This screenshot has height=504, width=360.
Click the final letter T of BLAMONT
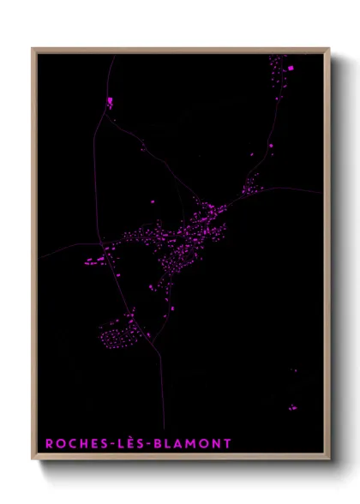click(x=227, y=443)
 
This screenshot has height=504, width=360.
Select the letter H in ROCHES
click(x=81, y=443)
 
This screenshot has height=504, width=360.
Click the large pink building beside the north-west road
click(x=111, y=101)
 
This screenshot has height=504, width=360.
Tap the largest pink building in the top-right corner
click(x=290, y=67)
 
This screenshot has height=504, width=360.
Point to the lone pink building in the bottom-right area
click(x=291, y=407)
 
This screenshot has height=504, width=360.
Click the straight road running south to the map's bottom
click(x=162, y=394)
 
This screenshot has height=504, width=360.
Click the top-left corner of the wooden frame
click(x=33, y=49)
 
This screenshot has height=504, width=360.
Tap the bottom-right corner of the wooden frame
click(x=329, y=460)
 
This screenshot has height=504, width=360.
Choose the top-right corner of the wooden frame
click(x=329, y=49)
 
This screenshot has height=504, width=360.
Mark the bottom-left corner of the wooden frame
click(x=33, y=460)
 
